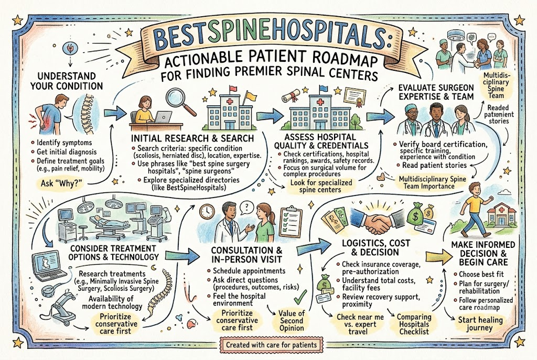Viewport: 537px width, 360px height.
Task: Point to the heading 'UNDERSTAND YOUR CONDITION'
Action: [x=66, y=81]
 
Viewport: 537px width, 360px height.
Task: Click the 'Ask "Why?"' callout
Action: [x=62, y=183]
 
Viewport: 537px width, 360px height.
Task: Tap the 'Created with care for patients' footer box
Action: [x=271, y=345]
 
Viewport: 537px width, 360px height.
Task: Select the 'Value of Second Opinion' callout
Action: [x=292, y=320]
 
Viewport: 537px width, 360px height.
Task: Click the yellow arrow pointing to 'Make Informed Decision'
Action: [x=439, y=256]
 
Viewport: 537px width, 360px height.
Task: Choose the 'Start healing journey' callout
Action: [x=480, y=324]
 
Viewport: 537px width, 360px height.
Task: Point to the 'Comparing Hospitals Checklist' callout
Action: [x=414, y=324]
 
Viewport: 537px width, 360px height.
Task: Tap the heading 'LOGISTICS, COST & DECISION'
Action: [x=376, y=248]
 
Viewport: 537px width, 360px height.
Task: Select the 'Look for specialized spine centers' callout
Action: [x=321, y=186]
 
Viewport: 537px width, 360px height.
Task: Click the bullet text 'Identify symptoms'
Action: [x=64, y=143]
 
